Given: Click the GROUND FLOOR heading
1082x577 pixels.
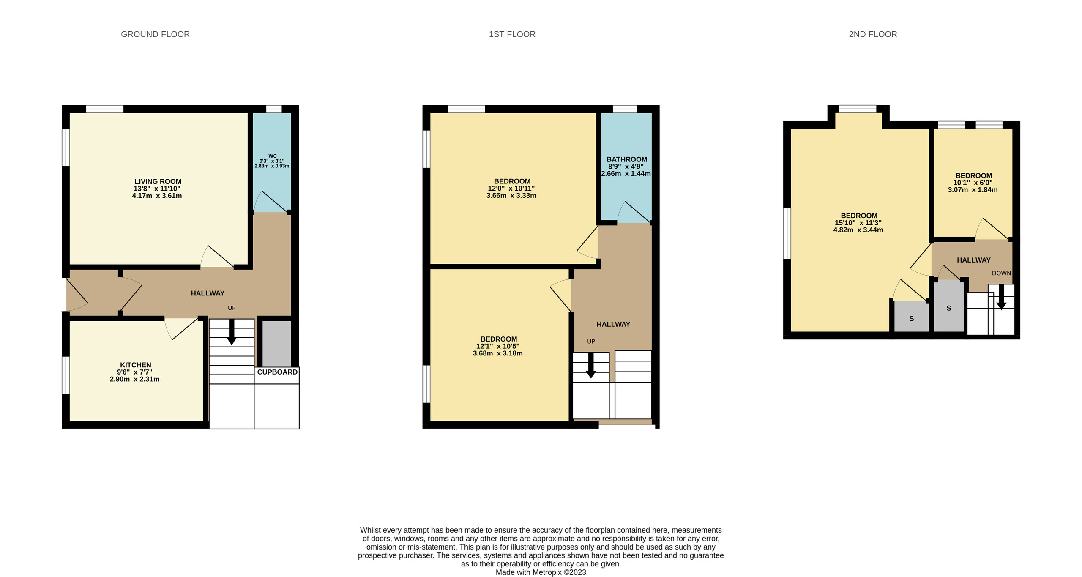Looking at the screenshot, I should coord(155,34).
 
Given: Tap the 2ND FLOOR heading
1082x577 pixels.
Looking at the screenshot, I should coord(873,34).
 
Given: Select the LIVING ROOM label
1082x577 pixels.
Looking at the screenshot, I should coord(158,181).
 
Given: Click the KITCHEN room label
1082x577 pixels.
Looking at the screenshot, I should coord(135,365).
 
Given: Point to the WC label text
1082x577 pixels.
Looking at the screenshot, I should coord(272,156).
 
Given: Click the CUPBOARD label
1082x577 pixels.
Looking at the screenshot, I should coord(277,372).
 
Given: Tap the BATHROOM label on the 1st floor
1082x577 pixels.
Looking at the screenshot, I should coord(626,159).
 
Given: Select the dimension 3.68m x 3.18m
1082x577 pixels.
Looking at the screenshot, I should coord(497,353).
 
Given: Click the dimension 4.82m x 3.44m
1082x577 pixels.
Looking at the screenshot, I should coord(858,230).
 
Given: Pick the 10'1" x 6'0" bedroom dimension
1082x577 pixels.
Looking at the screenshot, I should coord(973,183).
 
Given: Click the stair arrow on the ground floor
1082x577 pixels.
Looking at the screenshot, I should coord(232,332).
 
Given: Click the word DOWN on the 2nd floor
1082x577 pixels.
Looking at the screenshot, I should coord(1001,273).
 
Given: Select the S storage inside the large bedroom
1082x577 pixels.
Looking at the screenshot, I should coord(911,319).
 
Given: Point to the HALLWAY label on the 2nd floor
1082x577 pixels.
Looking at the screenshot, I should coord(973,260).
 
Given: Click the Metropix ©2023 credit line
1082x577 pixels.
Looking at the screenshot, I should coord(541,572).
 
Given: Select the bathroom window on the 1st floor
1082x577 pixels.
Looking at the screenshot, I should coord(625,109).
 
